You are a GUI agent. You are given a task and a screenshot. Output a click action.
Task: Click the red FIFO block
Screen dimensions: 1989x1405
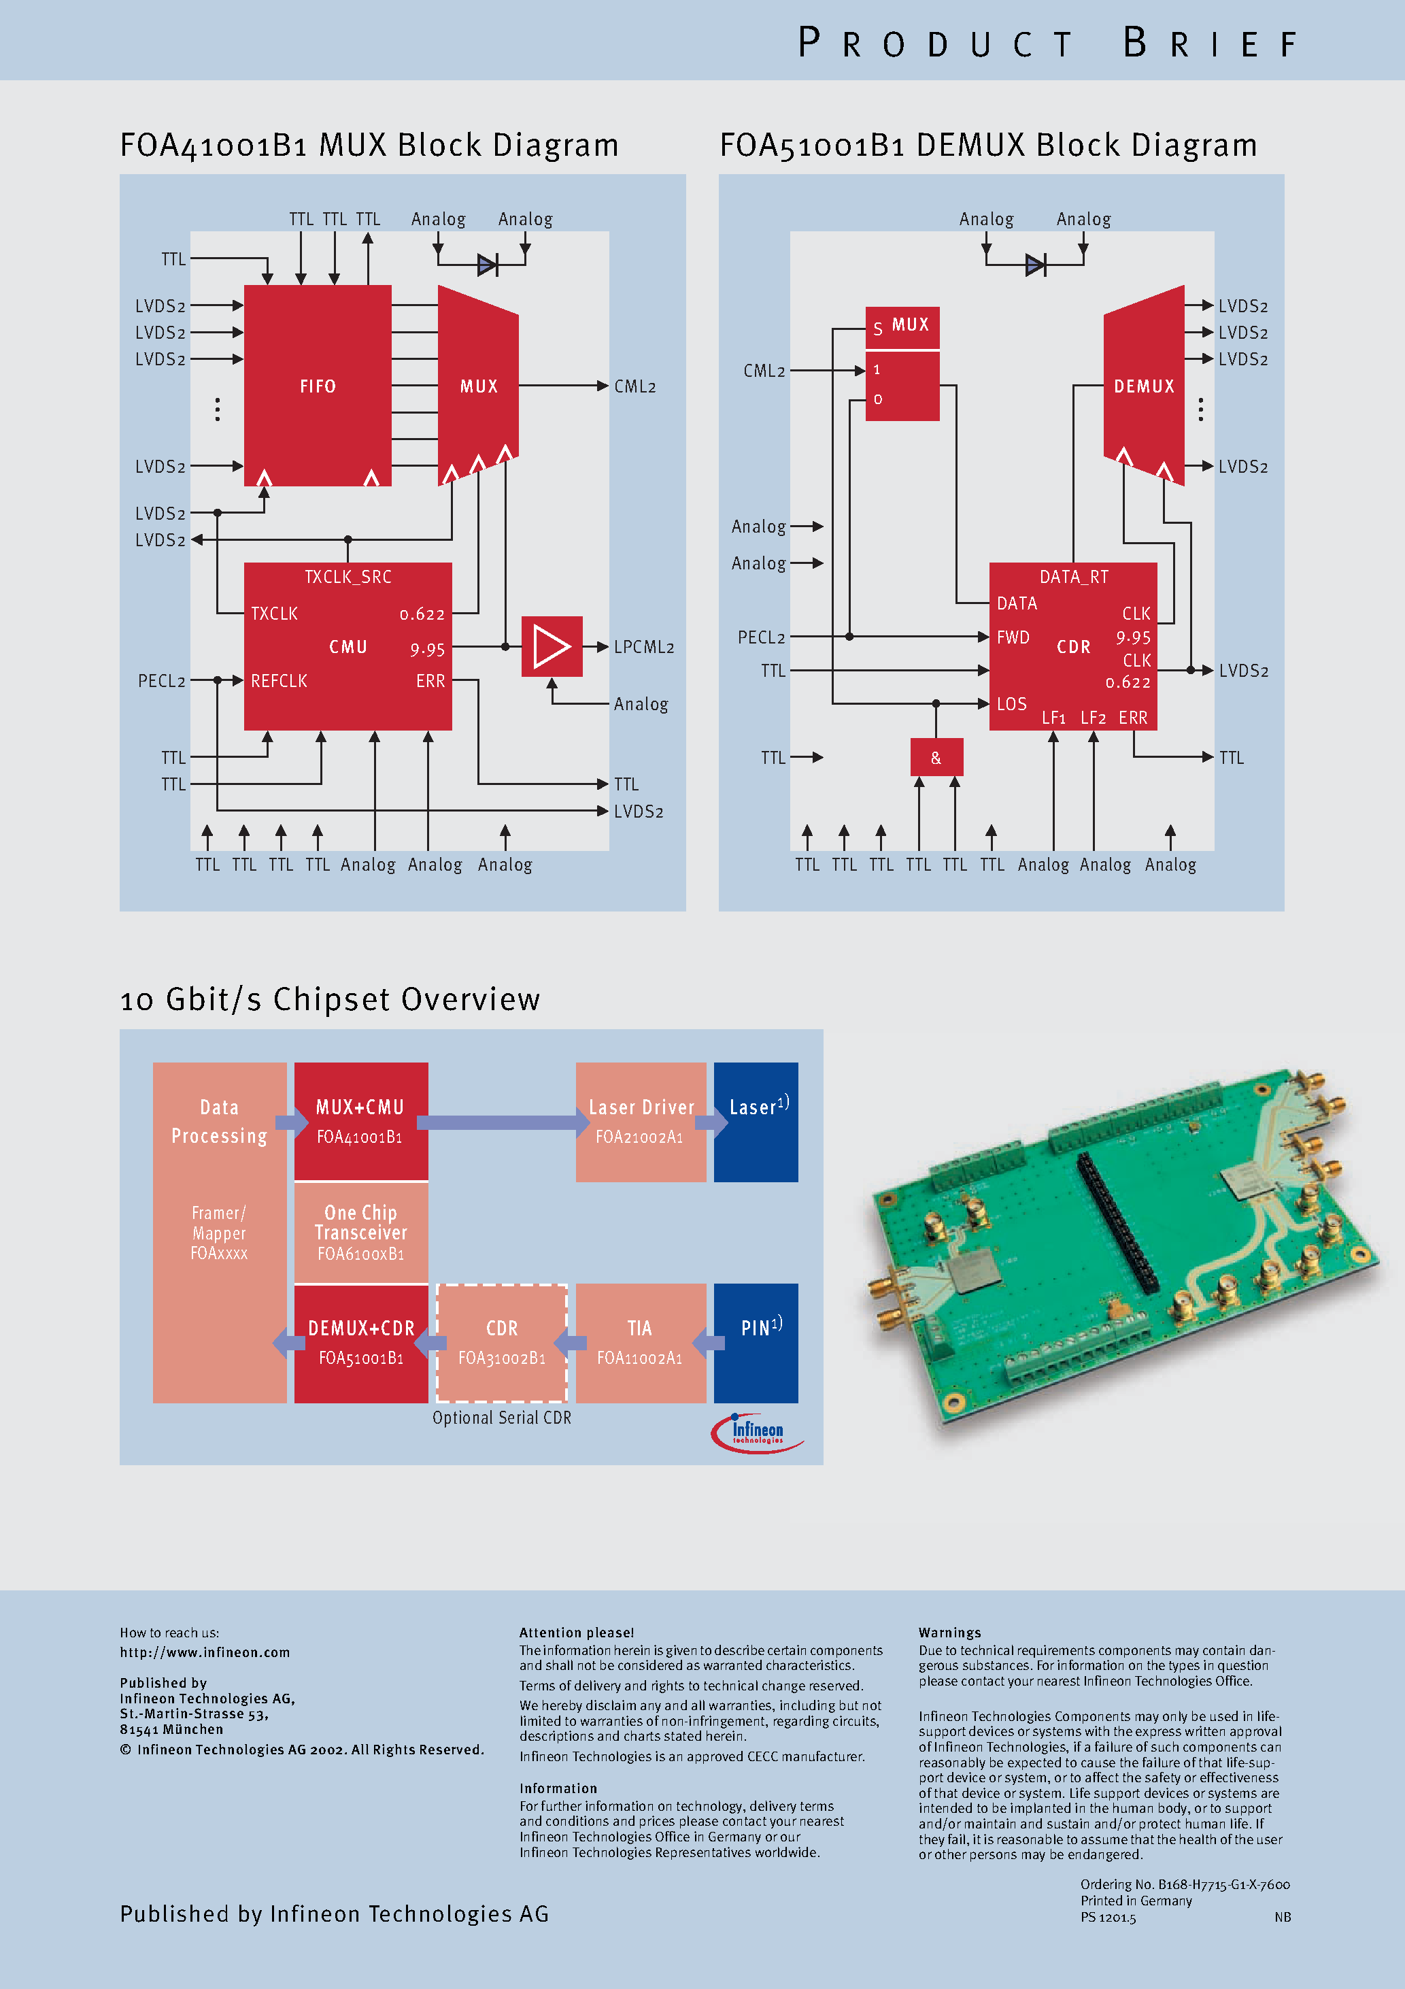pos(317,386)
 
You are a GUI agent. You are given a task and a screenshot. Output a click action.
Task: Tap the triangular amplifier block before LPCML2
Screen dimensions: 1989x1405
pos(552,646)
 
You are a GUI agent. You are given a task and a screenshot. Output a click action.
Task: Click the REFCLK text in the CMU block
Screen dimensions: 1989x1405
pos(279,681)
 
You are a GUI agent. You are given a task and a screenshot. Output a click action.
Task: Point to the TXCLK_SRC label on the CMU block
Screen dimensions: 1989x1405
pos(348,577)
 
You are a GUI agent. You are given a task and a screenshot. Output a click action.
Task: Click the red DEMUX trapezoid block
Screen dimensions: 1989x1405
pos(1143,386)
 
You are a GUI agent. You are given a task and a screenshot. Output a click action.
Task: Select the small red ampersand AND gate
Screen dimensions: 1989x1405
pos(936,757)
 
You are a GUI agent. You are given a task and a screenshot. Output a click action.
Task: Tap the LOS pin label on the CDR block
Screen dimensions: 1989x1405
pos(1011,703)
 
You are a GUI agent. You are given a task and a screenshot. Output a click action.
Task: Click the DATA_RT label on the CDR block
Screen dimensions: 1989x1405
pos(1073,577)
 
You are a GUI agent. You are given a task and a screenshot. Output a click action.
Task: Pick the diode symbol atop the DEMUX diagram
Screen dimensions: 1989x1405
pos(1034,265)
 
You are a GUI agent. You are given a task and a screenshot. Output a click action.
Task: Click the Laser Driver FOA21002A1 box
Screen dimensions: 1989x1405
pos(641,1121)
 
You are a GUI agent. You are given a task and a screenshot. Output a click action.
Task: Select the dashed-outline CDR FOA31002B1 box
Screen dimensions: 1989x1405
pos(501,1342)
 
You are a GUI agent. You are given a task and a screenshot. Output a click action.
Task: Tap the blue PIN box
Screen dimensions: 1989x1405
pos(756,1342)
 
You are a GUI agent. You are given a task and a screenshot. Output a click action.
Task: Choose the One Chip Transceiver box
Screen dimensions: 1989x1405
pos(360,1232)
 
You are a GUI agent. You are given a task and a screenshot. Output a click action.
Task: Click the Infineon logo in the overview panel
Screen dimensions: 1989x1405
pos(756,1432)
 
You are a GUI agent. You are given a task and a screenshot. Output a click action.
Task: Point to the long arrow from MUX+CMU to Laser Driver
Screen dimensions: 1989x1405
pos(503,1122)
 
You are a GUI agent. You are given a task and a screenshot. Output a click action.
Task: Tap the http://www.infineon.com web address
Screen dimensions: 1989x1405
pos(205,1652)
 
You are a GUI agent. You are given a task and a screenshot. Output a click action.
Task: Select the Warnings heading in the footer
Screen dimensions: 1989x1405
pos(949,1632)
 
